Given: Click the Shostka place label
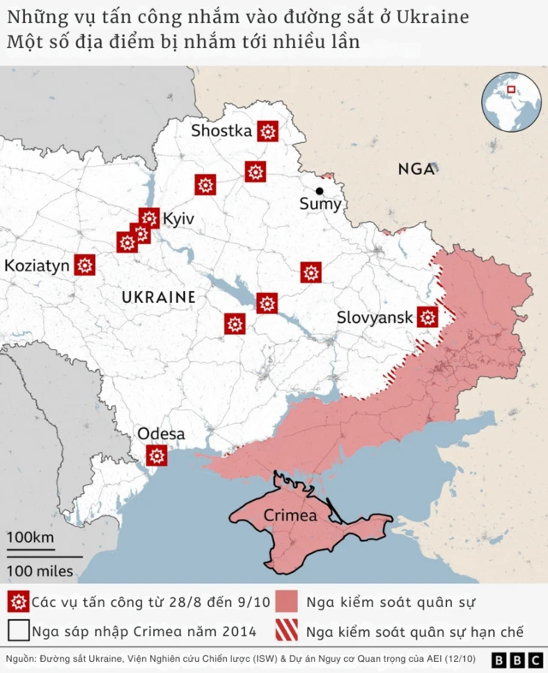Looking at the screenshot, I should point(221,131).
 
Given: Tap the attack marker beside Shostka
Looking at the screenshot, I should point(268,131).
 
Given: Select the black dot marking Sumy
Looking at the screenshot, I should point(319,191).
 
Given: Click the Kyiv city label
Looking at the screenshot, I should point(178,219).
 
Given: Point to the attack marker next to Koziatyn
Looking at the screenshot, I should point(84,265).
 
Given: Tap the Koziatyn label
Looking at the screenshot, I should point(37,265).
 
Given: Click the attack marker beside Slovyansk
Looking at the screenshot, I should point(427,318).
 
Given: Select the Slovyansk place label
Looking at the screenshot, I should point(375,318).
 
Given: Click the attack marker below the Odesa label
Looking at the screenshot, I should point(156,456).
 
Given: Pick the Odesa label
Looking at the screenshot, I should point(161,434).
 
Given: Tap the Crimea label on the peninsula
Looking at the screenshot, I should point(290,515).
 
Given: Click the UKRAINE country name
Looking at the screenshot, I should point(158,297).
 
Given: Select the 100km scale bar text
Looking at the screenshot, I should point(31,538).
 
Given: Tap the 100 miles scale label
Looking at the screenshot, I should point(40,571).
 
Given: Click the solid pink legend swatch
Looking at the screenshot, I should point(287,602).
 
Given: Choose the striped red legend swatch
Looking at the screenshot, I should point(287,633).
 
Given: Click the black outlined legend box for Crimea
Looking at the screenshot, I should point(17,633).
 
